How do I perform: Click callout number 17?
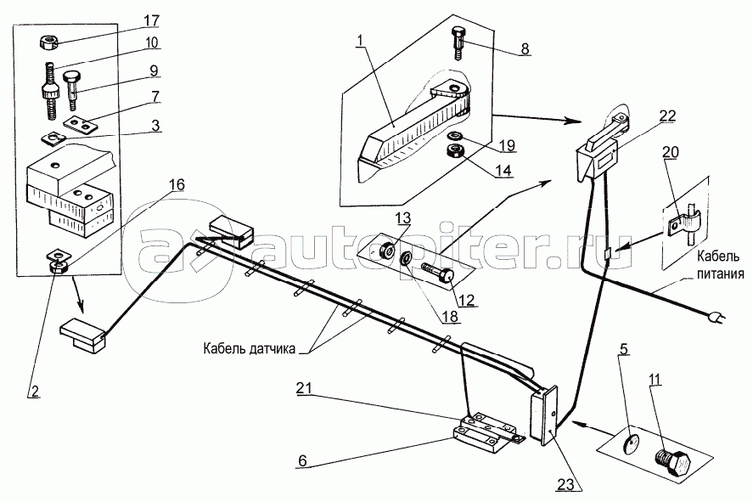151,20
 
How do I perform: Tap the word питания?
720,274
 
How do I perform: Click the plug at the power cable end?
715,319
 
